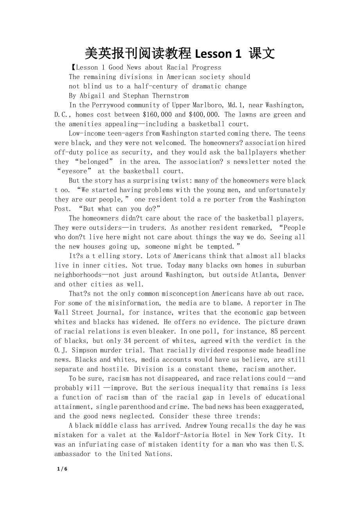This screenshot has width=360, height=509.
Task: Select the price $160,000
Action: pyautogui.click(x=158, y=115)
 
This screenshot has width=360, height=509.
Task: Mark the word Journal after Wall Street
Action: pyautogui.click(x=107, y=312)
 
